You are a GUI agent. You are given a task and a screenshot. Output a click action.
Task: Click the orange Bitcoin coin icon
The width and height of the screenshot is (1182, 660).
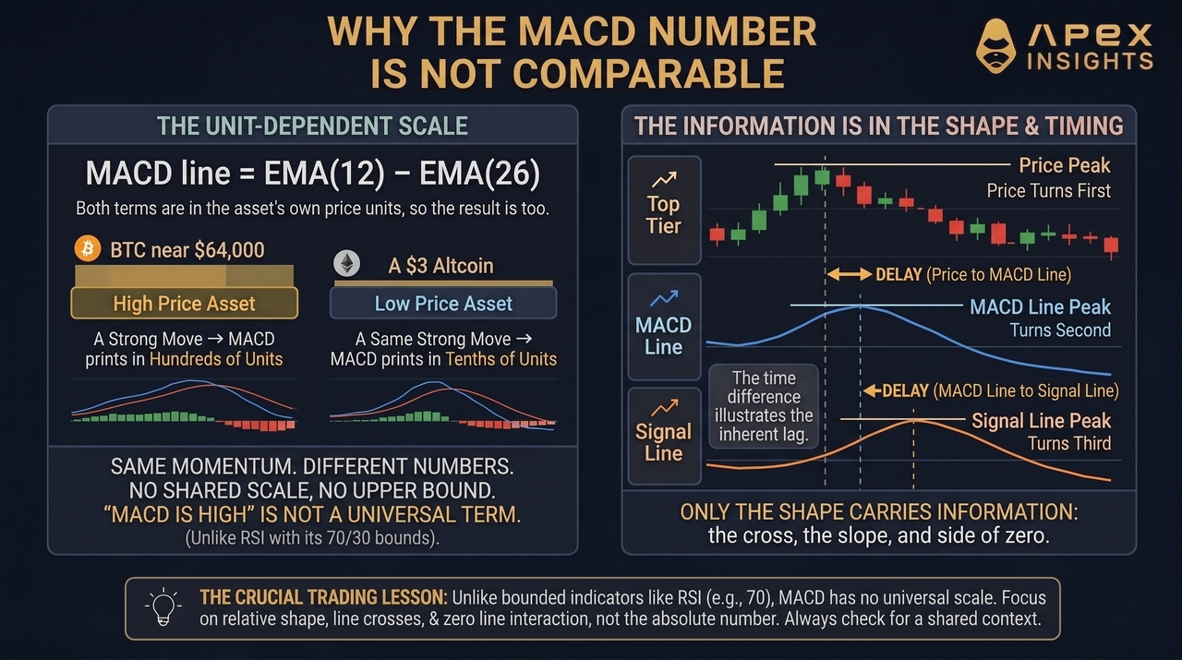pyautogui.click(x=88, y=248)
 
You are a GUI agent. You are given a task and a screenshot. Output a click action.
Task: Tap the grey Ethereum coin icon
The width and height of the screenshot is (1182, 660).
pyautogui.click(x=346, y=263)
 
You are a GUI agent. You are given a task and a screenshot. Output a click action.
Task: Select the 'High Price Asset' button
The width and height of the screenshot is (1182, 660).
pyautogui.click(x=184, y=304)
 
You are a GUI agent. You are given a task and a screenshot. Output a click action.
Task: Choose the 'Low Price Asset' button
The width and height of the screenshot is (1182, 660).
pyautogui.click(x=443, y=304)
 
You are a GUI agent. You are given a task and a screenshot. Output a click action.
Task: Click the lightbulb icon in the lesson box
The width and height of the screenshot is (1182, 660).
pyautogui.click(x=163, y=607)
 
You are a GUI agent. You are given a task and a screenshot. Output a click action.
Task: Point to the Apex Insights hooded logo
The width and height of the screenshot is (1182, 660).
pyautogui.click(x=995, y=46)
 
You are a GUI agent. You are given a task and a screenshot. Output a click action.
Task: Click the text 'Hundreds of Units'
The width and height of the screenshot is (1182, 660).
pyautogui.click(x=216, y=359)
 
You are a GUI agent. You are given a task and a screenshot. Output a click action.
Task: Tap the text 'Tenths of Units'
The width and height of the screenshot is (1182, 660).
pyautogui.click(x=501, y=359)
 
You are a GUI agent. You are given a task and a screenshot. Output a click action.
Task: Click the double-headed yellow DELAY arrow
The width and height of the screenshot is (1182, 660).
pyautogui.click(x=849, y=274)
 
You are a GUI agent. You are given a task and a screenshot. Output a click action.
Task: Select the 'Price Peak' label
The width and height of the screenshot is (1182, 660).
pyautogui.click(x=1065, y=165)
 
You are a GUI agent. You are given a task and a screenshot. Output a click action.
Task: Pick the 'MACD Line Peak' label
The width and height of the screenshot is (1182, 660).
pyautogui.click(x=1040, y=307)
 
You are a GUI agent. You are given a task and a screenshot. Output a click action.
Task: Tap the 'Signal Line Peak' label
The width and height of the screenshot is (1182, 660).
pyautogui.click(x=1041, y=421)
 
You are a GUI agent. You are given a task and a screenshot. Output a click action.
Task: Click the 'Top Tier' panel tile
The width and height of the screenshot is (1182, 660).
pyautogui.click(x=664, y=210)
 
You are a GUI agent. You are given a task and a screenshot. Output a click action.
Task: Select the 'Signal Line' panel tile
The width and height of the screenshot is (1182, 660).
pyautogui.click(x=664, y=437)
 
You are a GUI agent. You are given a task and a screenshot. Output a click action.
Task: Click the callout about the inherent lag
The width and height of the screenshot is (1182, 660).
pyautogui.click(x=764, y=406)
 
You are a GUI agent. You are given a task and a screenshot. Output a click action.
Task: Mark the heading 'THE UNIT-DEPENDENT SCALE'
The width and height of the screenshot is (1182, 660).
pyautogui.click(x=312, y=126)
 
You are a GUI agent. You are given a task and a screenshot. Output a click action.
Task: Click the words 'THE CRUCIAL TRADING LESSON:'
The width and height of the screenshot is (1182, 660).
pyautogui.click(x=323, y=597)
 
